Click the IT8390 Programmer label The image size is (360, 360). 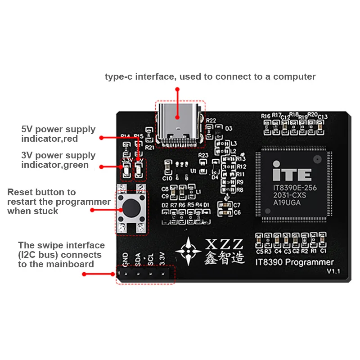tap(294, 262)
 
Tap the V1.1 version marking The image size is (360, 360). tap(334, 271)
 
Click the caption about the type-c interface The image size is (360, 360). tap(210, 76)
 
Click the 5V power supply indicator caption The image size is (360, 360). tap(58, 134)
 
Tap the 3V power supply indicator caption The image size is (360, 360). tap(58, 160)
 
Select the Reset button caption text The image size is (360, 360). tap(58, 202)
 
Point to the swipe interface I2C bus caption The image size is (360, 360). tap(61, 255)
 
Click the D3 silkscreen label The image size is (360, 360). tap(229, 128)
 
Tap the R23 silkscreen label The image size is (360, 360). tap(203, 155)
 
